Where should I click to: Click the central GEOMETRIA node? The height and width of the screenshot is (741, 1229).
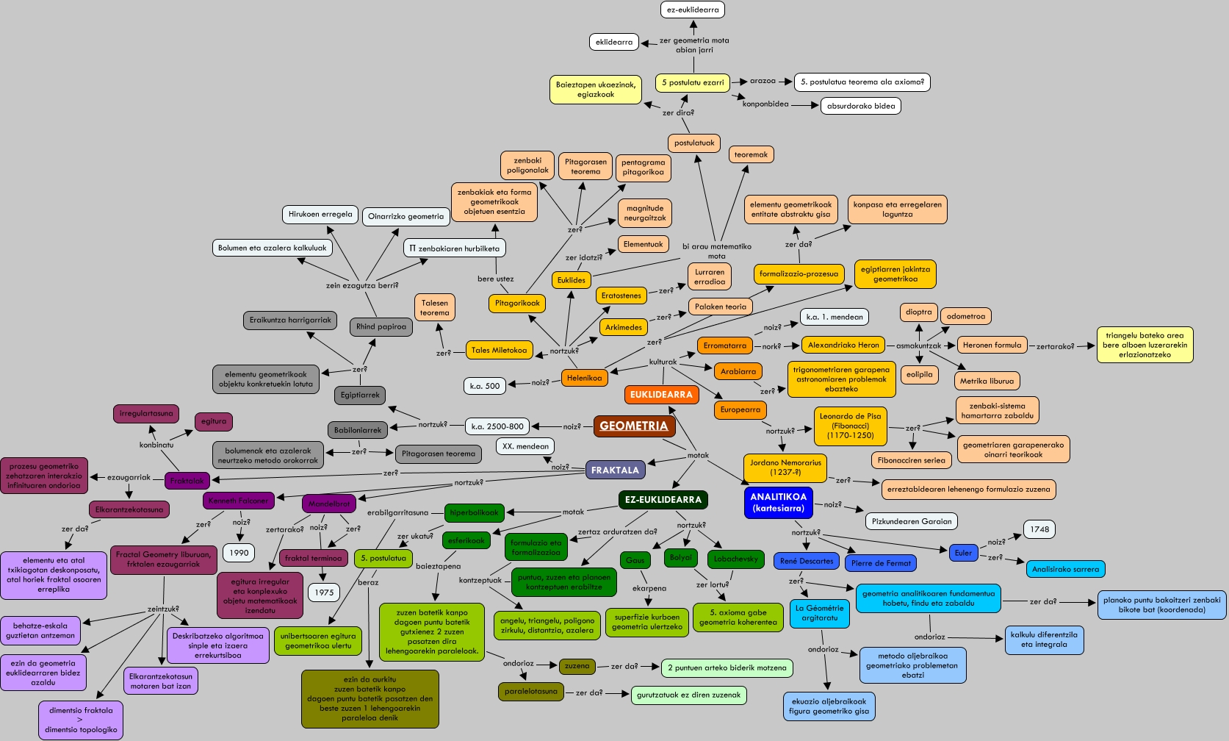[x=634, y=426]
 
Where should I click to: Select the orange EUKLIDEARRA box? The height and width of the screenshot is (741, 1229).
[x=661, y=395]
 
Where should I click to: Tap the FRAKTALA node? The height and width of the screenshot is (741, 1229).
[x=615, y=470]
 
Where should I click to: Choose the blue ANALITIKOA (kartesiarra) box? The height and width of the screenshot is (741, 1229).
[x=778, y=503]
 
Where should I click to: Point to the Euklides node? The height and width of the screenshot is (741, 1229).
[x=572, y=280]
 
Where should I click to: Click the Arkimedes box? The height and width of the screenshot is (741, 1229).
[x=624, y=327]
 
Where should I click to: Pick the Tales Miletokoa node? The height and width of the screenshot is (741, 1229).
[x=500, y=350]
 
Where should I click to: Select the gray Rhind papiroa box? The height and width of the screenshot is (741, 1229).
[x=381, y=326]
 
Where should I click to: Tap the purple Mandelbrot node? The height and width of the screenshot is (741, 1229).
[x=329, y=504]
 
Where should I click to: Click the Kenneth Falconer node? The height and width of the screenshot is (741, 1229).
[x=238, y=501]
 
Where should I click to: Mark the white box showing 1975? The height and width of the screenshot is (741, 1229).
[x=324, y=593]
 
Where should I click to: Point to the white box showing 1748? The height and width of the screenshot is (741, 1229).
[x=1039, y=529]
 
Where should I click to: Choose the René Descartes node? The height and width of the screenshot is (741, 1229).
[x=806, y=561]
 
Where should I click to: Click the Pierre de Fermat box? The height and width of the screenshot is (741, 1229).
[x=881, y=563]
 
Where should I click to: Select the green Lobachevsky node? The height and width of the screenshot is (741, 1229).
[x=735, y=559]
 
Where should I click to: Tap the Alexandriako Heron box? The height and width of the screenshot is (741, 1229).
[x=843, y=345]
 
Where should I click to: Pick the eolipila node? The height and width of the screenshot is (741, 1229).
[x=919, y=374]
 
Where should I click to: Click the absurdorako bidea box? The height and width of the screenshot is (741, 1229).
[x=861, y=106]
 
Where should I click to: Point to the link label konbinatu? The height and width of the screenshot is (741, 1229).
[x=156, y=445]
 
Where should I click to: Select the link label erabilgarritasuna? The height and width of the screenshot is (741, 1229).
[x=397, y=512]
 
